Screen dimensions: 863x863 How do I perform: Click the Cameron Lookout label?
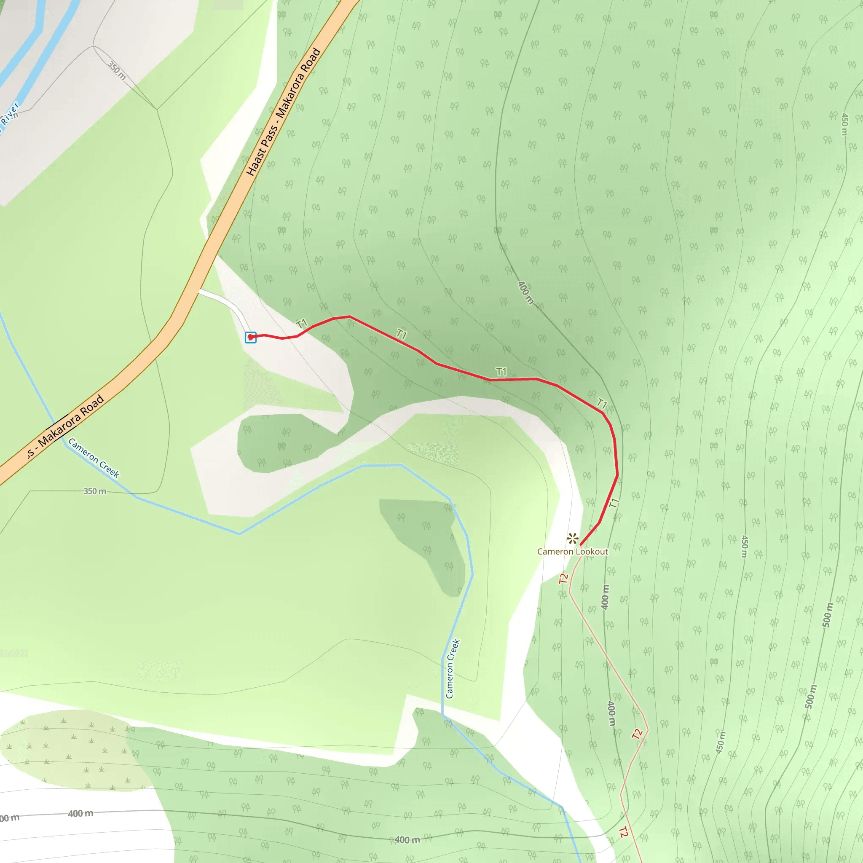pyautogui.click(x=572, y=552)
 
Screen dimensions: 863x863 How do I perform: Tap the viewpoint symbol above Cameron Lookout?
pyautogui.click(x=572, y=538)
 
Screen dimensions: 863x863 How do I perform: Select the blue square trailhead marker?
pyautogui.click(x=251, y=337)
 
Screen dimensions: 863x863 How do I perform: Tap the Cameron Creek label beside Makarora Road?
pyautogui.click(x=94, y=458)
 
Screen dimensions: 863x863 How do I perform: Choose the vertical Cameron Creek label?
pyautogui.click(x=453, y=669)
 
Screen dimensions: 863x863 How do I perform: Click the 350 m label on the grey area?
pyautogui.click(x=117, y=70)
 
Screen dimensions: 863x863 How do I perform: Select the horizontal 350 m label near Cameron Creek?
pyautogui.click(x=95, y=491)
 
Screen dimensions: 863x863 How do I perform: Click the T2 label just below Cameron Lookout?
pyautogui.click(x=563, y=579)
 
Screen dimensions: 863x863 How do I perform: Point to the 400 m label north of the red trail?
pyautogui.click(x=525, y=292)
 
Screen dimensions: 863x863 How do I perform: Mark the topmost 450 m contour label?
pyautogui.click(x=844, y=124)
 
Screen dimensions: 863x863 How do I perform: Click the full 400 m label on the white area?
pyautogui.click(x=80, y=813)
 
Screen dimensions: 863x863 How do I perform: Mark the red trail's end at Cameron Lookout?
pyautogui.click(x=580, y=545)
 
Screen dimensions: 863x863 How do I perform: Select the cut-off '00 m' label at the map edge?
pyautogui.click(x=9, y=818)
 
